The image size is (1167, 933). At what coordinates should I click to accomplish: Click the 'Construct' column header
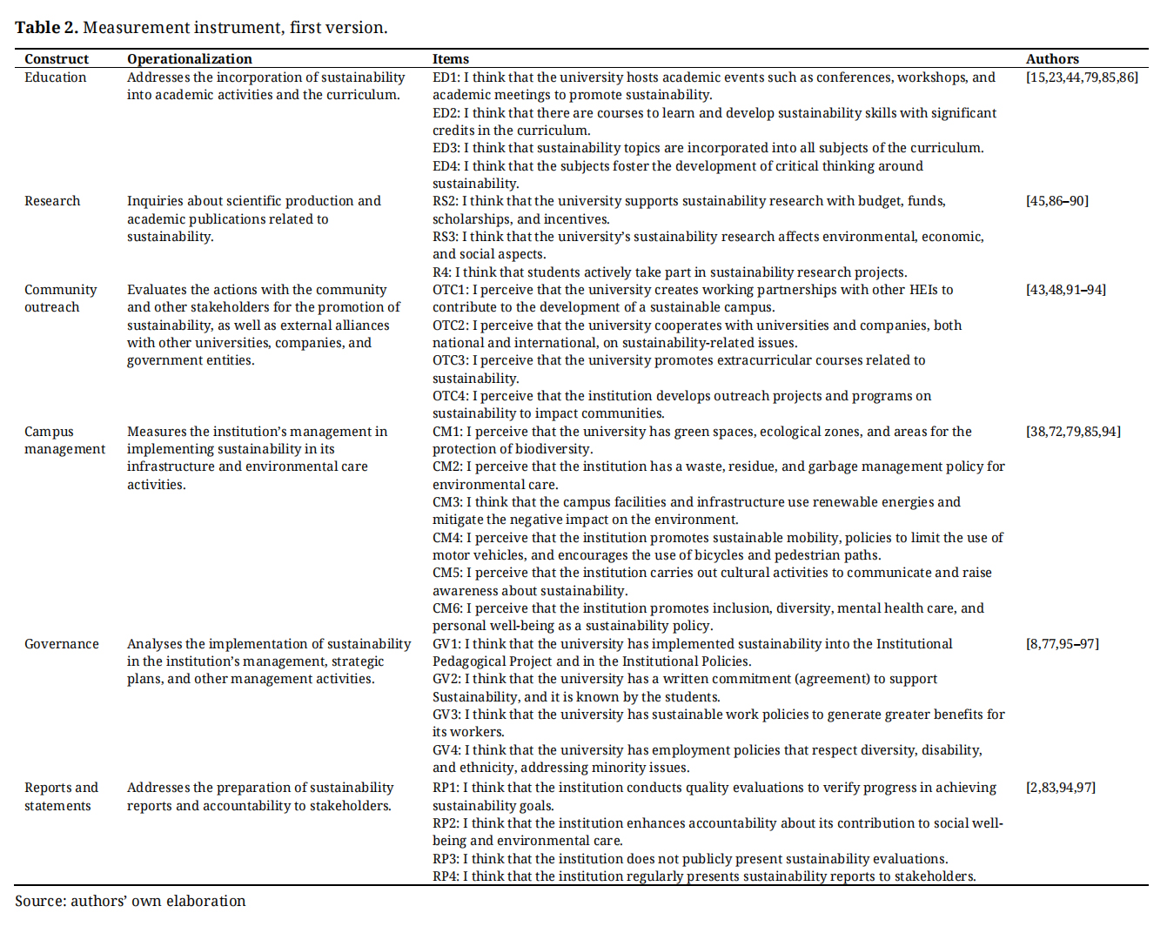pyautogui.click(x=57, y=59)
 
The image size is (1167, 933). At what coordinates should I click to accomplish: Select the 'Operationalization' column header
pyautogui.click(x=190, y=59)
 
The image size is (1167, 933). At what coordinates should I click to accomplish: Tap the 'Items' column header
pyautogui.click(x=451, y=59)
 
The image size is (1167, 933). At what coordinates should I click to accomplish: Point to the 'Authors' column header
pyautogui.click(x=1052, y=59)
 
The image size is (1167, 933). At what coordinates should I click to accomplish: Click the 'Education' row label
pyautogui.click(x=56, y=77)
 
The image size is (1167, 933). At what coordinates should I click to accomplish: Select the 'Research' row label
pyautogui.click(x=52, y=201)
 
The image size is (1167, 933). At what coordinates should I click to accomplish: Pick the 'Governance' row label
pyautogui.click(x=62, y=644)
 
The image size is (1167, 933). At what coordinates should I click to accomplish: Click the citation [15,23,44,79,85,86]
pyautogui.click(x=1082, y=77)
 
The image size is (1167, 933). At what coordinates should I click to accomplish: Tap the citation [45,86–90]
pyautogui.click(x=1057, y=201)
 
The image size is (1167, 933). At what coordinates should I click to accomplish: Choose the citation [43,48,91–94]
pyautogui.click(x=1066, y=290)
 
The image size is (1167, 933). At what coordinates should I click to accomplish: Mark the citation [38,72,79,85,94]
pyautogui.click(x=1073, y=432)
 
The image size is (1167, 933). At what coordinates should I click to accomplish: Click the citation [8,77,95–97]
pyautogui.click(x=1063, y=644)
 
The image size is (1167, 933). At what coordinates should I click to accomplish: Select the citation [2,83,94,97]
pyautogui.click(x=1061, y=788)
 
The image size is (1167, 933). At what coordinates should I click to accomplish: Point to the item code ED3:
pyautogui.click(x=446, y=148)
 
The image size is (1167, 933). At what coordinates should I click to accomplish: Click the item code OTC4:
pyautogui.click(x=451, y=396)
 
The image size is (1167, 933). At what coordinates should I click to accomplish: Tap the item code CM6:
pyautogui.click(x=447, y=608)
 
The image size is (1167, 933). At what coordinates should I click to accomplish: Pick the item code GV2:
pyautogui.click(x=446, y=679)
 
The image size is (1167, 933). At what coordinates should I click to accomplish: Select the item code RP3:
pyautogui.click(x=446, y=859)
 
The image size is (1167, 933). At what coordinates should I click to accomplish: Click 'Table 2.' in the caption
pyautogui.click(x=46, y=28)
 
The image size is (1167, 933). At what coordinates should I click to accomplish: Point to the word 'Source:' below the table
pyautogui.click(x=40, y=902)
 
